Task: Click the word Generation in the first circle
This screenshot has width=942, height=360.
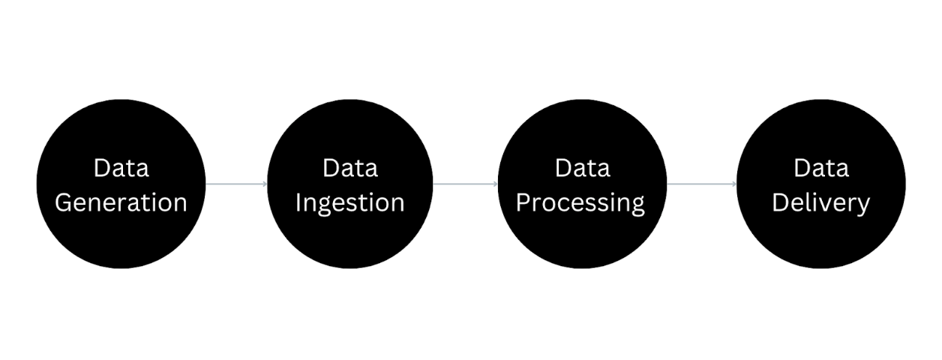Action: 121,202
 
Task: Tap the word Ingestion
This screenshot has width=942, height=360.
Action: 349,202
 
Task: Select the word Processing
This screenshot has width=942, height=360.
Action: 580,202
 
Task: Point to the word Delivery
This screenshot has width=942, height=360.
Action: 820,202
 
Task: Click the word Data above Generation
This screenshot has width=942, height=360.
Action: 121,168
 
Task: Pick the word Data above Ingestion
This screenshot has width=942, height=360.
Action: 349,168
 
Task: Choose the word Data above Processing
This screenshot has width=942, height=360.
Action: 582,168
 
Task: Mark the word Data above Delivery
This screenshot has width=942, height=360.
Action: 820,168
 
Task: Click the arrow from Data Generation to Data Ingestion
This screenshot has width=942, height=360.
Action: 235,184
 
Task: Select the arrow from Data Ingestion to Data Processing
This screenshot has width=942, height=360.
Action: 465,184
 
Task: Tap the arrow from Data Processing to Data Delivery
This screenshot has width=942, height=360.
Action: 701,184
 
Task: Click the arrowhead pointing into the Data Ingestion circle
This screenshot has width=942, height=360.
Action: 265,184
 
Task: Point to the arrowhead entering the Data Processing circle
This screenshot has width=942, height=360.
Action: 495,184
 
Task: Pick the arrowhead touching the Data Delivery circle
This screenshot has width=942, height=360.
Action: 733,184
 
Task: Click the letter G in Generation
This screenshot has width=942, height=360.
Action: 64,202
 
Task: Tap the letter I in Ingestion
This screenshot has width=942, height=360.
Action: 298,202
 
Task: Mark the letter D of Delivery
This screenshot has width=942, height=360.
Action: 779,202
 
